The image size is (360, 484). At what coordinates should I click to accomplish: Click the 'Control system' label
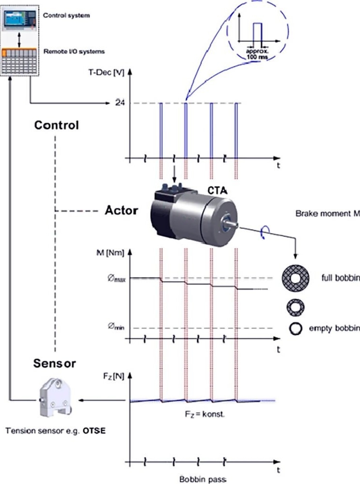coord(66,16)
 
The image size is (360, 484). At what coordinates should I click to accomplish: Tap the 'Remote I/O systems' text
coord(73,50)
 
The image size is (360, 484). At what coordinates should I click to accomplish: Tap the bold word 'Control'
coord(56,125)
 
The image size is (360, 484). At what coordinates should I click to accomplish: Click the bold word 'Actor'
coord(121,211)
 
